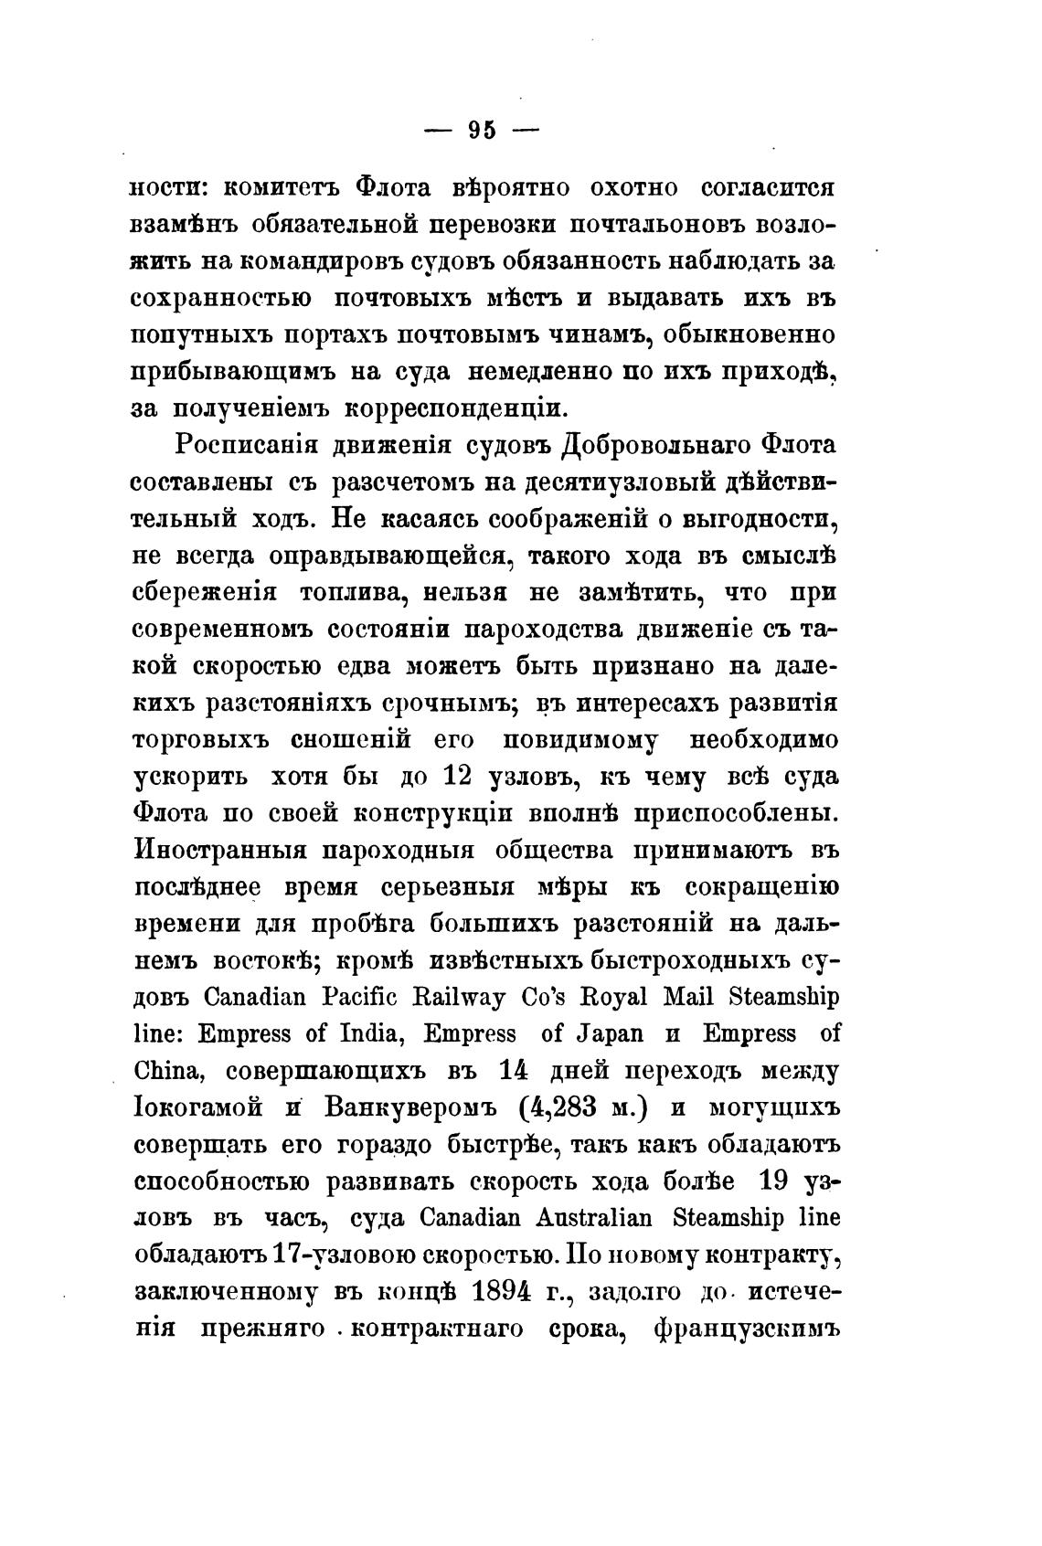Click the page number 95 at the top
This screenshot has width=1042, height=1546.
click(482, 131)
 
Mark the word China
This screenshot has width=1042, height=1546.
click(172, 1071)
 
